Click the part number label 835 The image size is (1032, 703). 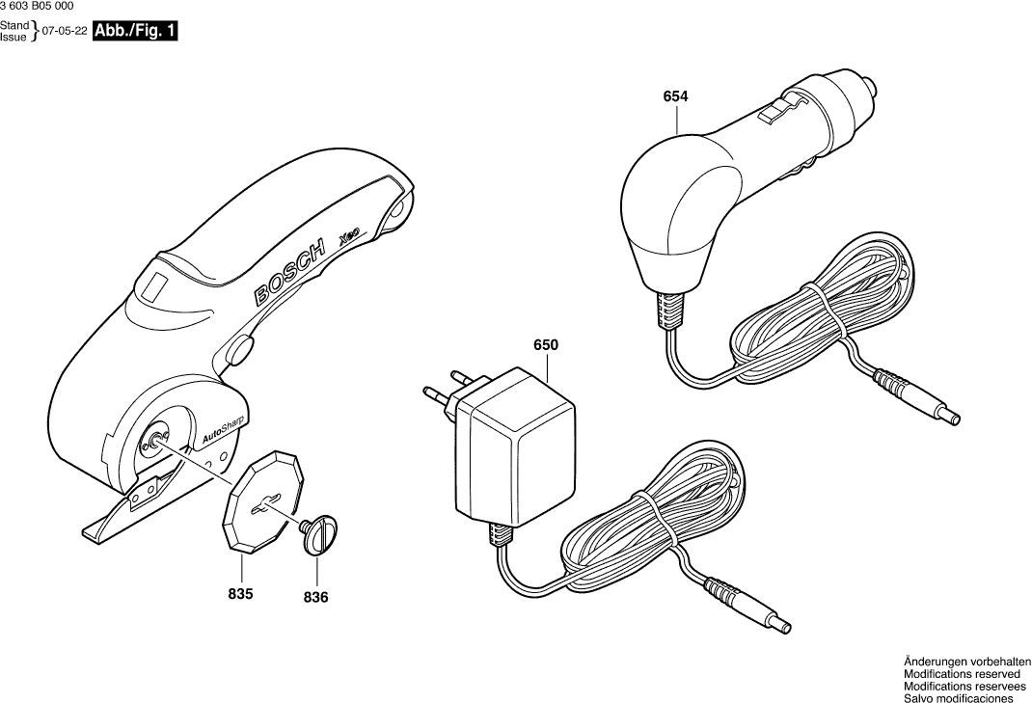[x=240, y=594]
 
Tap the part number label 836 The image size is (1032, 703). [x=315, y=598]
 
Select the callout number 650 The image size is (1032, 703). [x=545, y=344]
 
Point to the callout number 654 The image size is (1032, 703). [x=675, y=96]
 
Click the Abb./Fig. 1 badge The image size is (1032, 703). [x=135, y=31]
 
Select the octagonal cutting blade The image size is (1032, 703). [x=261, y=502]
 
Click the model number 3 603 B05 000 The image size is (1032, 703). [x=36, y=6]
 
